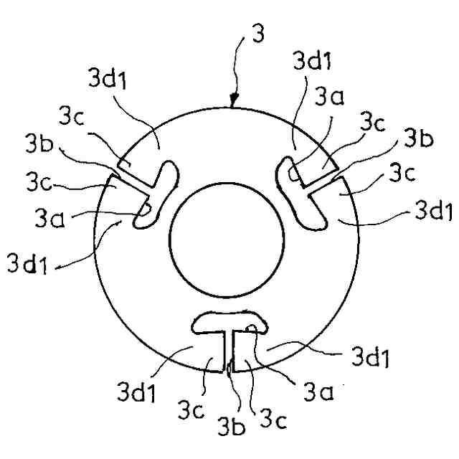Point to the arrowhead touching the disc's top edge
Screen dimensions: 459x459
pos(233,103)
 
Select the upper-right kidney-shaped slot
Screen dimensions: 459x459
pos(297,194)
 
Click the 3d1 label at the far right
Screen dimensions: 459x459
pos(433,212)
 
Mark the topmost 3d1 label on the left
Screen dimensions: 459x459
pos(110,80)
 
